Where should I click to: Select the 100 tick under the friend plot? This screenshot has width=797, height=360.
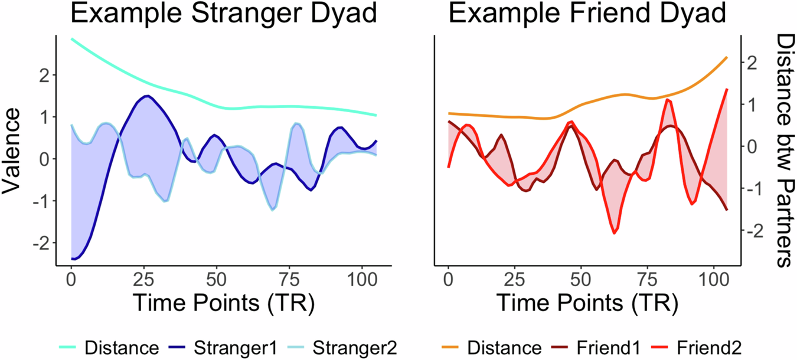coord(714,277)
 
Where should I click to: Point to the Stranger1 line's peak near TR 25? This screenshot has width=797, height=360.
coord(146,96)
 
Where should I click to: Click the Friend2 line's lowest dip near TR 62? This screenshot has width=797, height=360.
coord(615,233)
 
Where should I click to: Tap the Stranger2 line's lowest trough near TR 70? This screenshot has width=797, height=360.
coord(272,209)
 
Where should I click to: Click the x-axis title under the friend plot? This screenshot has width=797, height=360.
coord(586,302)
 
